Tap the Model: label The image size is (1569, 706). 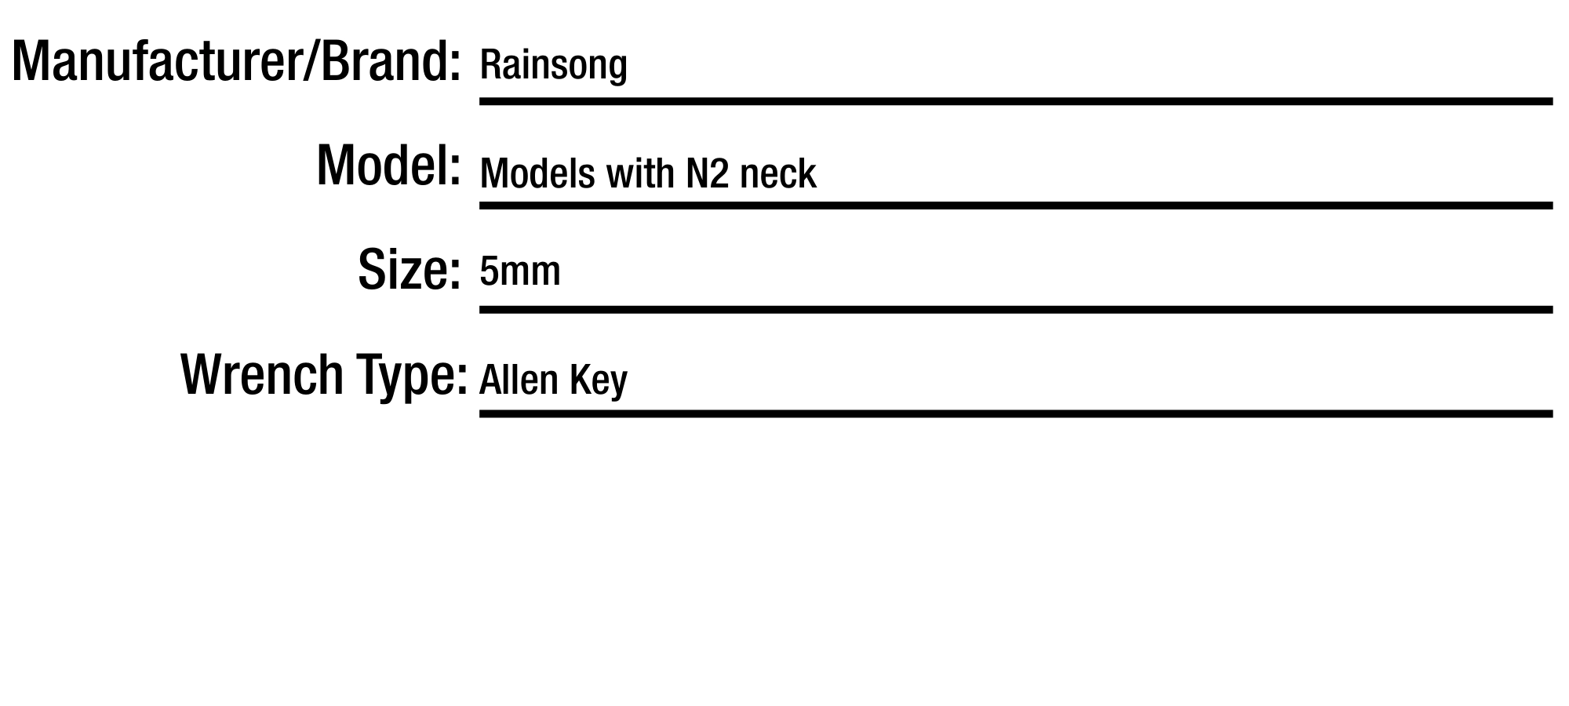coord(388,166)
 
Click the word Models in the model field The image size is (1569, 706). coord(537,173)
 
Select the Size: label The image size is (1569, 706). coord(409,270)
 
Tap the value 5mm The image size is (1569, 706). coord(520,272)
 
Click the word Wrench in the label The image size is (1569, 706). coord(262,374)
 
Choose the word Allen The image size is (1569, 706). coord(518,380)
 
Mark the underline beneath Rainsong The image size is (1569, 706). coord(1016,101)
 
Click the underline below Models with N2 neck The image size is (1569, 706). coord(1016,206)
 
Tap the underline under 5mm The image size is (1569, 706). coord(1016,310)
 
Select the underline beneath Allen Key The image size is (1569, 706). coord(1016,413)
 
